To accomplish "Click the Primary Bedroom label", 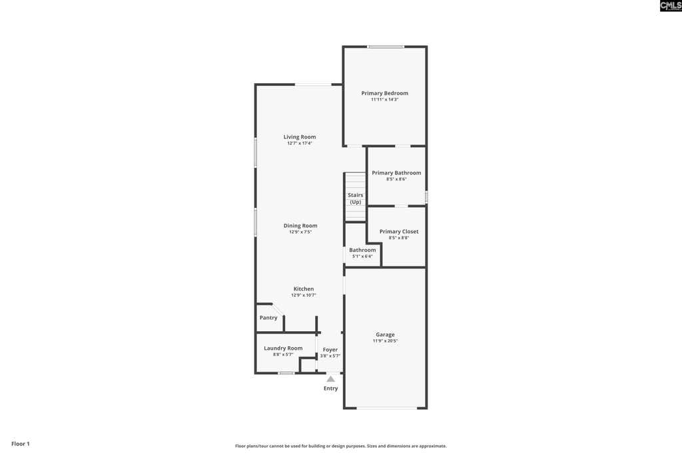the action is click(x=384, y=93).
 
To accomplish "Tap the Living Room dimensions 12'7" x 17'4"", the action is click(x=300, y=143).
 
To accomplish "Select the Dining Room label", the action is click(x=300, y=225).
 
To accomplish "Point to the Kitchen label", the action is click(x=304, y=289).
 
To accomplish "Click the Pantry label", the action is click(x=268, y=318).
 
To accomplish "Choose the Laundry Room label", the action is click(x=283, y=348).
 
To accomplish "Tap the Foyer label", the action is click(x=330, y=350).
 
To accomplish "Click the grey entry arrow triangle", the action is click(x=331, y=379).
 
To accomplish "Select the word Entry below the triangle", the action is click(x=330, y=388).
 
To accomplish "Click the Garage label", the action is click(x=385, y=334).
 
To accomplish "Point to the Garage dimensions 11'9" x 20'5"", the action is click(x=385, y=341).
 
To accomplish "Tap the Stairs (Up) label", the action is click(x=356, y=199).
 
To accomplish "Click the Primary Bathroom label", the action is click(x=396, y=173).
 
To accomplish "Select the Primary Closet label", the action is click(x=399, y=231).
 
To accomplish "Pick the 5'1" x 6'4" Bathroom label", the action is click(x=362, y=252).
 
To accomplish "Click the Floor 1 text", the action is click(x=21, y=444).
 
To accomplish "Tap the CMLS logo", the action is click(x=670, y=5).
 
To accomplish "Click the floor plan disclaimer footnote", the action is click(x=340, y=446).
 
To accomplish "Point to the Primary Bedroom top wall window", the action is click(x=386, y=47).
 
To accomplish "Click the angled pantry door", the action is click(x=278, y=309).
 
